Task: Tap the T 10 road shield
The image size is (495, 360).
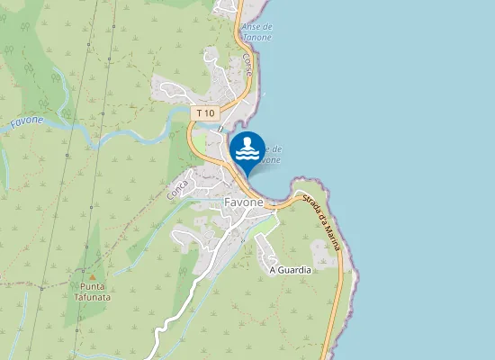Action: click(x=206, y=112)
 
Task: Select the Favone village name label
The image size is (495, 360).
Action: click(x=243, y=203)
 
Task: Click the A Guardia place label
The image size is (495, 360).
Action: click(x=290, y=269)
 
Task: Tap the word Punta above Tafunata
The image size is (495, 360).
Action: click(x=92, y=286)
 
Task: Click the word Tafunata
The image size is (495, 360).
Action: click(x=92, y=296)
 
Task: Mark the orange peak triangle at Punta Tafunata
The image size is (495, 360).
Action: click(x=92, y=274)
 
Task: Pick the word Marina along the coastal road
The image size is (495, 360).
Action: click(x=335, y=232)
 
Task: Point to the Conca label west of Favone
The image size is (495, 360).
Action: click(x=177, y=188)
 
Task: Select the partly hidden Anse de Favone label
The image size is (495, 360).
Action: click(x=270, y=154)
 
